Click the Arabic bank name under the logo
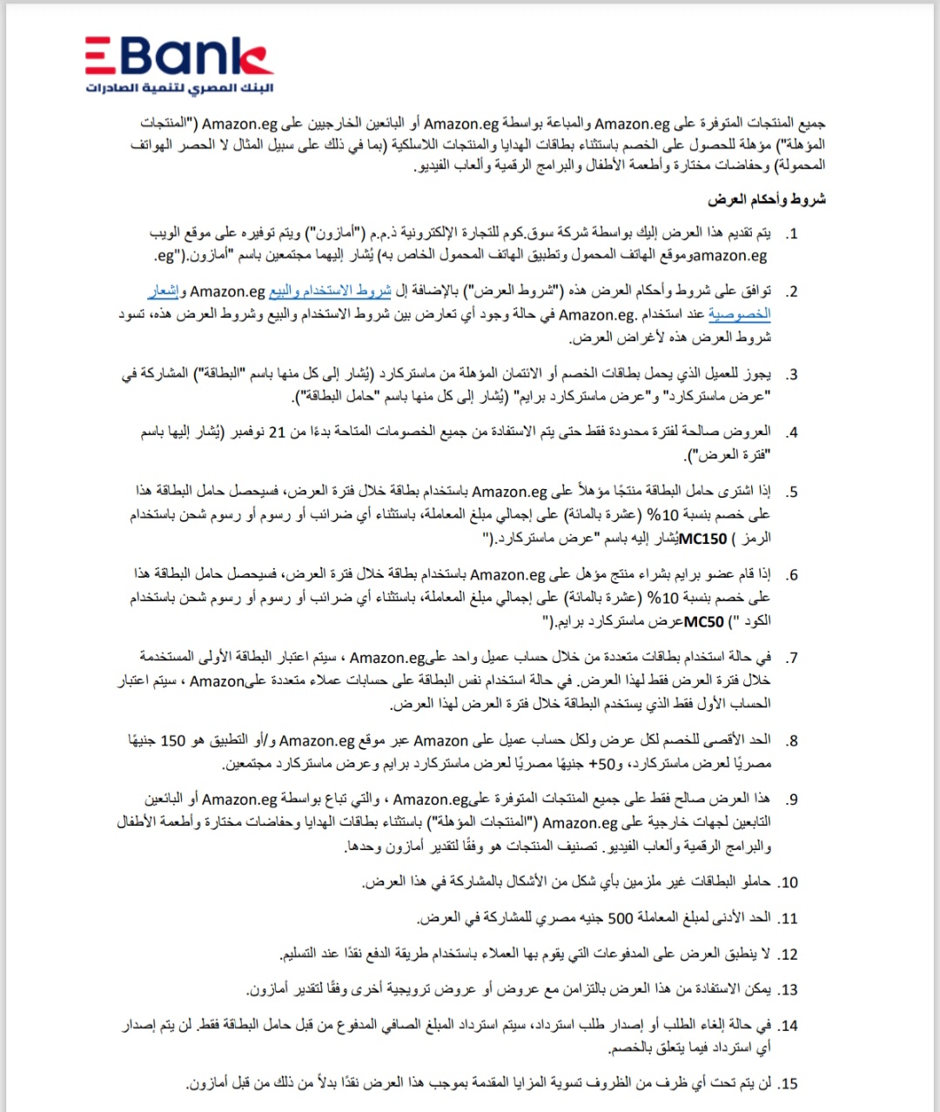tap(178, 89)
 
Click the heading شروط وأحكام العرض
tap(766, 200)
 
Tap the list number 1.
tap(791, 234)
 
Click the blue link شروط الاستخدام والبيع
tap(330, 291)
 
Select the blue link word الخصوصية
tap(739, 314)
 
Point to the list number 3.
tap(791, 375)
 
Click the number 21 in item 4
tap(277, 432)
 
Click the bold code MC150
tap(702, 539)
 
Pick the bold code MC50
tap(703, 621)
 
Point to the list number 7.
tap(791, 658)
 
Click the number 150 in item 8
tap(173, 740)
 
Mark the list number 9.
tap(791, 800)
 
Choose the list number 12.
tap(789, 955)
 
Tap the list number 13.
tap(789, 990)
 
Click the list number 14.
tap(789, 1026)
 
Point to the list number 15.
tap(789, 1084)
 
